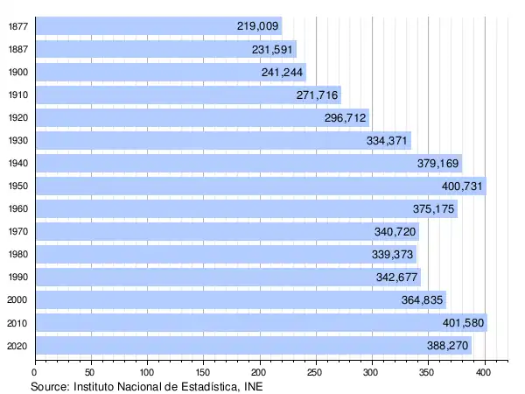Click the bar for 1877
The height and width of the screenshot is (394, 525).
point(157,26)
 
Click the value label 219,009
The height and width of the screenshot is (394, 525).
point(257,26)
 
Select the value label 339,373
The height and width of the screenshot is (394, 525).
point(393,254)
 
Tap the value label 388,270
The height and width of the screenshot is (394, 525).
point(448,346)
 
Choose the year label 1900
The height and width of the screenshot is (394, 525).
point(17,72)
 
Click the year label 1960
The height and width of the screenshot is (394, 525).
point(17,208)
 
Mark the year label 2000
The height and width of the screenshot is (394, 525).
point(17,299)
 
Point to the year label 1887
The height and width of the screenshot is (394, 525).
point(17,49)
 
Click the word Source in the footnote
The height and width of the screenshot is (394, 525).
point(50,385)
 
